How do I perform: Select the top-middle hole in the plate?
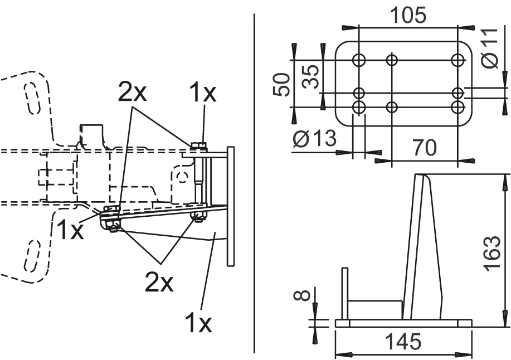pos(392,59)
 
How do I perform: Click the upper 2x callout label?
pos(132,93)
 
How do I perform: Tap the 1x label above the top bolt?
pos(202,93)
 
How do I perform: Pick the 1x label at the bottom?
pos(198,322)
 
